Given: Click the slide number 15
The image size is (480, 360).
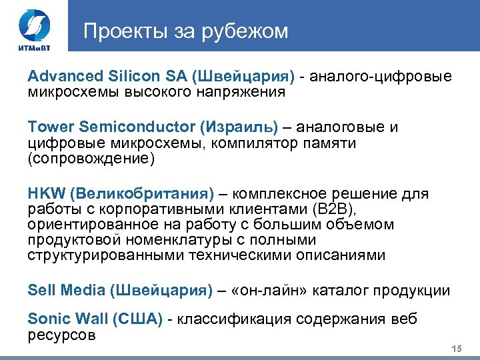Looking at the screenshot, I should pyautogui.click(x=457, y=349).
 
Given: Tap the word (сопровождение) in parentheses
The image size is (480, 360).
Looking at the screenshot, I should pyautogui.click(x=91, y=159).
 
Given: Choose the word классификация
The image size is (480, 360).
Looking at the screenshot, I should pyautogui.click(x=231, y=320).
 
